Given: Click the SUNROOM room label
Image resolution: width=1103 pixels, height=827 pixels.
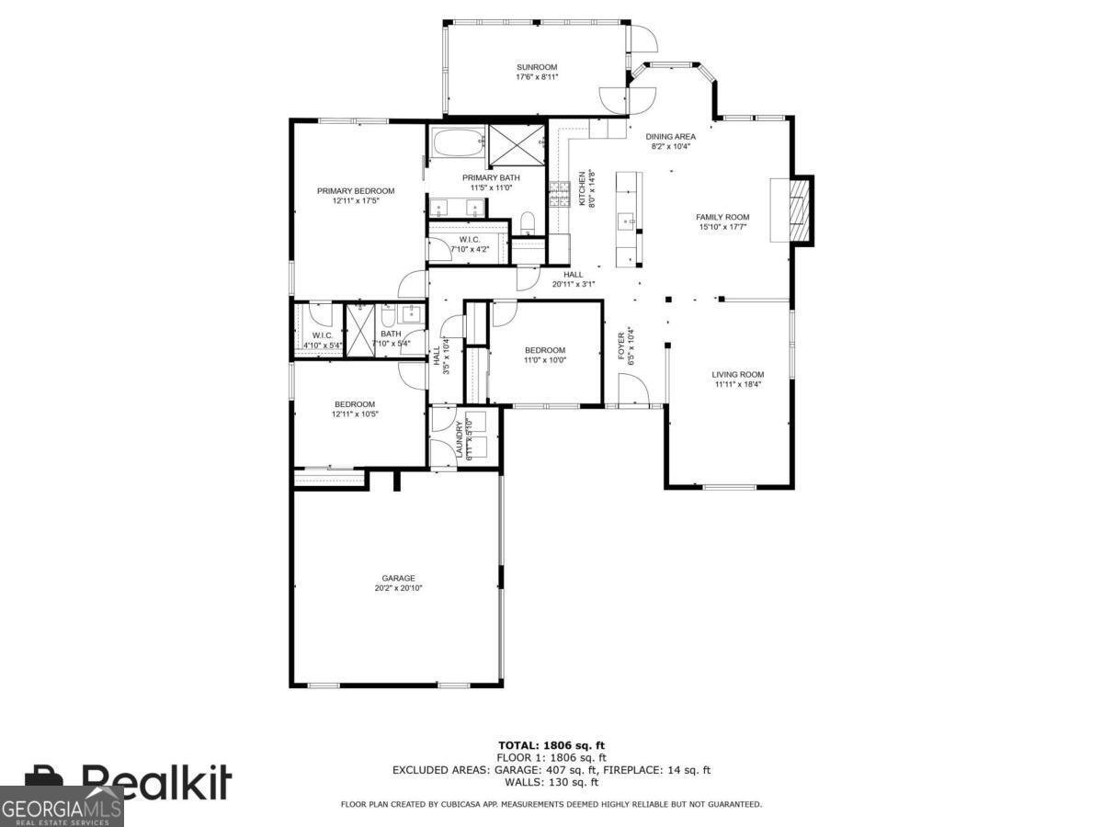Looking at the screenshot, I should (x=537, y=67).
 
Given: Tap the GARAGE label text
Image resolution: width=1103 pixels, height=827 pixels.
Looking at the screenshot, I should (x=398, y=578).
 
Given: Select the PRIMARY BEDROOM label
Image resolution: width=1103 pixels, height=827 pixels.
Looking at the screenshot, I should (x=356, y=191).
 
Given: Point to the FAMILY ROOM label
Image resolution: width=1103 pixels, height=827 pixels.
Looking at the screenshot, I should (x=722, y=218).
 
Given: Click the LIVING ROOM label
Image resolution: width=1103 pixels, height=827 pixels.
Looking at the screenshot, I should (x=737, y=374).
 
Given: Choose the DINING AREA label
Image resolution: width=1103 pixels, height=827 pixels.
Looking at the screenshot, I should (x=670, y=136).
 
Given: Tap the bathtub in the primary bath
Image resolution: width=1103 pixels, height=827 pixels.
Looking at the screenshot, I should (x=456, y=143).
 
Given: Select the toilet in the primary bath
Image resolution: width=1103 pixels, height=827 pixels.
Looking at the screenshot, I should (x=528, y=223).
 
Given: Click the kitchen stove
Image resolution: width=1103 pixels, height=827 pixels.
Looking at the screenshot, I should (x=559, y=194).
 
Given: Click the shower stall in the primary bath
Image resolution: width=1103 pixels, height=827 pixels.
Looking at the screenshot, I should (x=517, y=143).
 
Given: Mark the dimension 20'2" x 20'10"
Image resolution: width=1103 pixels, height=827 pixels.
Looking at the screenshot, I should (x=398, y=588).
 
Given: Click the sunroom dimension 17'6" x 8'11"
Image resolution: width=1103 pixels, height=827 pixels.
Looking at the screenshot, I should (x=537, y=77).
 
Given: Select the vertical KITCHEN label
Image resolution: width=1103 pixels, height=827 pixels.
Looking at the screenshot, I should (x=581, y=188).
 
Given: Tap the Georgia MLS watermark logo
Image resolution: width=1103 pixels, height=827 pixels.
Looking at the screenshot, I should (x=62, y=809).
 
